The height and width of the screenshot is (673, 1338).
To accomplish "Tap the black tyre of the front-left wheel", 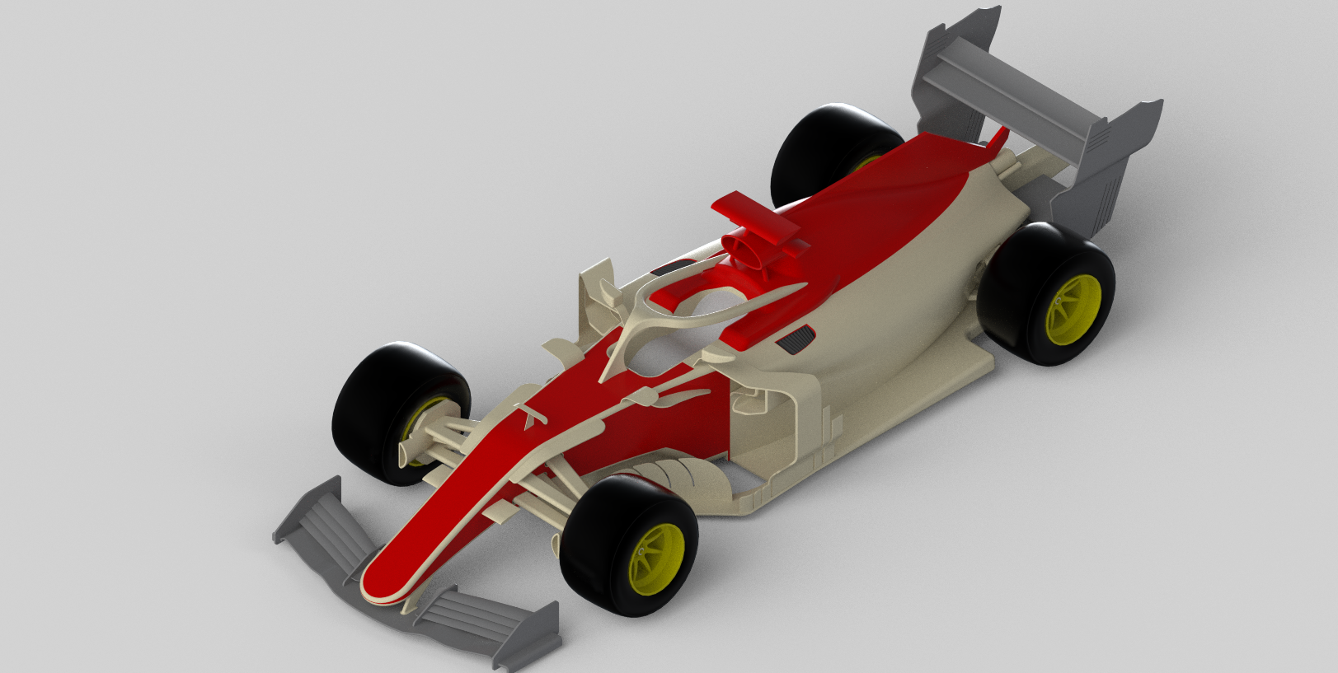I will [x=371, y=412].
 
